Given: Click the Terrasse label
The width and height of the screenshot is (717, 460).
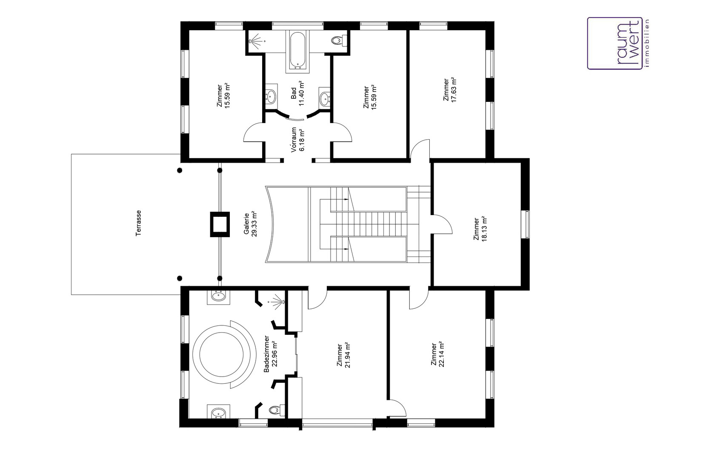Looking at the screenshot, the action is (138, 223).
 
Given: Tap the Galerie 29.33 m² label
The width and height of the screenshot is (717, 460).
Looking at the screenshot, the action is (251, 224).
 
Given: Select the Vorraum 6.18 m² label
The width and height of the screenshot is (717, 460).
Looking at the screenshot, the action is (297, 140).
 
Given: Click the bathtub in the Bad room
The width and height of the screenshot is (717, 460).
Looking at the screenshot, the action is (298, 50).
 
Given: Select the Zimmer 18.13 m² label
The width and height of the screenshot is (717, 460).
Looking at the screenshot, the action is (480, 229).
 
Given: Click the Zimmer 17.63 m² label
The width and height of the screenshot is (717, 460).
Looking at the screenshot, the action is (450, 90).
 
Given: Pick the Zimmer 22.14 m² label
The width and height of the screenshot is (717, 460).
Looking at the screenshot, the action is (437, 354).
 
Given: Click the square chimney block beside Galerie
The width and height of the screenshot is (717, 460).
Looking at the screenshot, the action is (220, 224).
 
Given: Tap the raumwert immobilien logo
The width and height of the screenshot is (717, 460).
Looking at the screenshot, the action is (618, 43).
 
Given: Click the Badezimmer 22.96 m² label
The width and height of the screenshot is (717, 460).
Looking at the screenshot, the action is (270, 354).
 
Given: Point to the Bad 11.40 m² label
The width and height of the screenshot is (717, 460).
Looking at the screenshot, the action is (297, 93).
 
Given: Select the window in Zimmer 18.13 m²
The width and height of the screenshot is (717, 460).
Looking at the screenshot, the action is (525, 224).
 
